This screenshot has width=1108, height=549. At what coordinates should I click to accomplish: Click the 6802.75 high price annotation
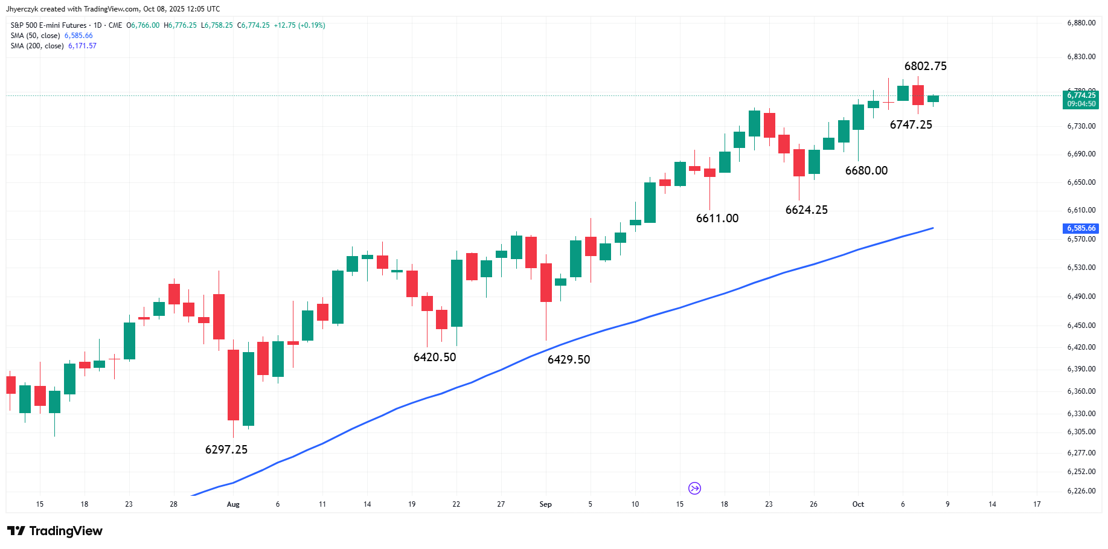click(925, 66)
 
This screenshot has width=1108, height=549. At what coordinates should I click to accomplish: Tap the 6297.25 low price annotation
click(226, 449)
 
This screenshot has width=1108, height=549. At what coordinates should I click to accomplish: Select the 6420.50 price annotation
click(435, 357)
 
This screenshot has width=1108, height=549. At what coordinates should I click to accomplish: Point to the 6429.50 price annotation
click(569, 359)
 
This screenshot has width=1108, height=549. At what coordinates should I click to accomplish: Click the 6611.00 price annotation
click(717, 218)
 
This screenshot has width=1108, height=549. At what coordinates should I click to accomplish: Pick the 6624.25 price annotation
click(807, 210)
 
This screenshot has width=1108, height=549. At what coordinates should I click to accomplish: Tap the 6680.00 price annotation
click(866, 170)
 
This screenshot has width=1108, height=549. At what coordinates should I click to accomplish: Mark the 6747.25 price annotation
click(911, 124)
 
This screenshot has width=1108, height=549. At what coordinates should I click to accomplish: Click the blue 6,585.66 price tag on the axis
click(1081, 228)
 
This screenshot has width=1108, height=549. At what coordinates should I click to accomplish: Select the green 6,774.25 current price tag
click(1081, 100)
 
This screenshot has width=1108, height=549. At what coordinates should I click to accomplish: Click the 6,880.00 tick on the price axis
click(1081, 23)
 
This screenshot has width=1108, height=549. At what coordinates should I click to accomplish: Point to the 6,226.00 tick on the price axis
click(1081, 491)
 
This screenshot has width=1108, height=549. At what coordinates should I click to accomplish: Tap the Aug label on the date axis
click(233, 504)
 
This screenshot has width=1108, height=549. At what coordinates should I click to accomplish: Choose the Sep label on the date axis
click(546, 504)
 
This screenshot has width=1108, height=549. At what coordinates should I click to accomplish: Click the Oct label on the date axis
click(858, 504)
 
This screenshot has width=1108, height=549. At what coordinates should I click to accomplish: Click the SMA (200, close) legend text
click(37, 46)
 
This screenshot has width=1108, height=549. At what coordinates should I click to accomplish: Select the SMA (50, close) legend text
click(35, 36)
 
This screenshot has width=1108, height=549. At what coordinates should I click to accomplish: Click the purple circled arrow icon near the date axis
click(694, 488)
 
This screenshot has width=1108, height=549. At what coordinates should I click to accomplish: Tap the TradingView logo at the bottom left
click(55, 531)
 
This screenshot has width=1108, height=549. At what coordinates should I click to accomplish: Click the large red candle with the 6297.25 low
click(233, 385)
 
